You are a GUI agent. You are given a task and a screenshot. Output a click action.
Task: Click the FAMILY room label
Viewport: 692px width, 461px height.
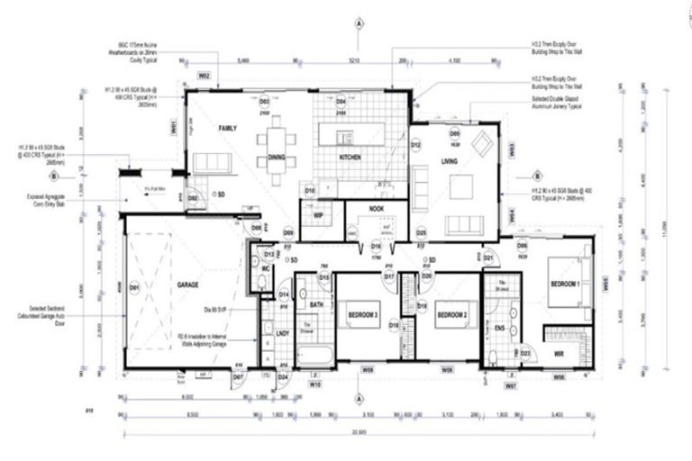pos(227,130)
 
